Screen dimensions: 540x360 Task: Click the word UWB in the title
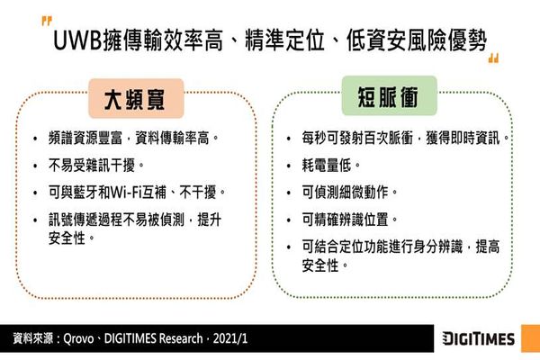(78, 40)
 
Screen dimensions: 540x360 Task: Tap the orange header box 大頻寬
(136, 98)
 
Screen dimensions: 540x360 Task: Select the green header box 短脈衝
(389, 96)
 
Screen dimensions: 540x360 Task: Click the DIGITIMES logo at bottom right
(479, 338)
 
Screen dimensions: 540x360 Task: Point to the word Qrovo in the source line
(78, 338)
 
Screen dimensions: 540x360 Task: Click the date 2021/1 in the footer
(230, 338)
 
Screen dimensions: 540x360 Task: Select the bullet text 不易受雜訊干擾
(92, 166)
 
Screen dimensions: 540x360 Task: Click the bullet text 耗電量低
(327, 166)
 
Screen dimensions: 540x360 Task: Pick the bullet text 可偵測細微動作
(345, 193)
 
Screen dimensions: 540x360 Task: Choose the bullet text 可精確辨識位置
(345, 220)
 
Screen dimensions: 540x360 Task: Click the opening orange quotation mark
(47, 21)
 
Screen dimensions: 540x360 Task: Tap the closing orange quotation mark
(493, 58)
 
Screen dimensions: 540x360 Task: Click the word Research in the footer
(181, 338)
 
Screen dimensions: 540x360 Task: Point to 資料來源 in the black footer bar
(33, 338)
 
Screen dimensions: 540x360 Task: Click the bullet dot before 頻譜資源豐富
(35, 139)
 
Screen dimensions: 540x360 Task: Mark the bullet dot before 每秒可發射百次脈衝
(289, 139)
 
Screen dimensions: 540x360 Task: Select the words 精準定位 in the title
(284, 40)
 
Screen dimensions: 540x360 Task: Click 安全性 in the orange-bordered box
(67, 238)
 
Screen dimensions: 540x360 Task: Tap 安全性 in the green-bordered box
(320, 265)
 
